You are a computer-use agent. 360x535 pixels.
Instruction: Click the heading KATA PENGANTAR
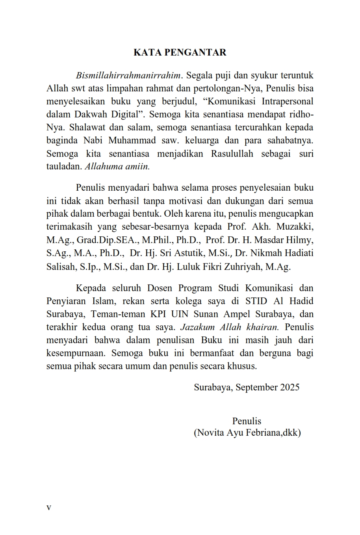point(180,53)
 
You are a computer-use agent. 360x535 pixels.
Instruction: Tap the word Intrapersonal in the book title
point(287,101)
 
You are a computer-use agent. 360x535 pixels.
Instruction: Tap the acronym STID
point(256,301)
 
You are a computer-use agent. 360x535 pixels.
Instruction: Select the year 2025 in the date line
point(289,387)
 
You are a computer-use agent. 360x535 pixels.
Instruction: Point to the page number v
point(49,508)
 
